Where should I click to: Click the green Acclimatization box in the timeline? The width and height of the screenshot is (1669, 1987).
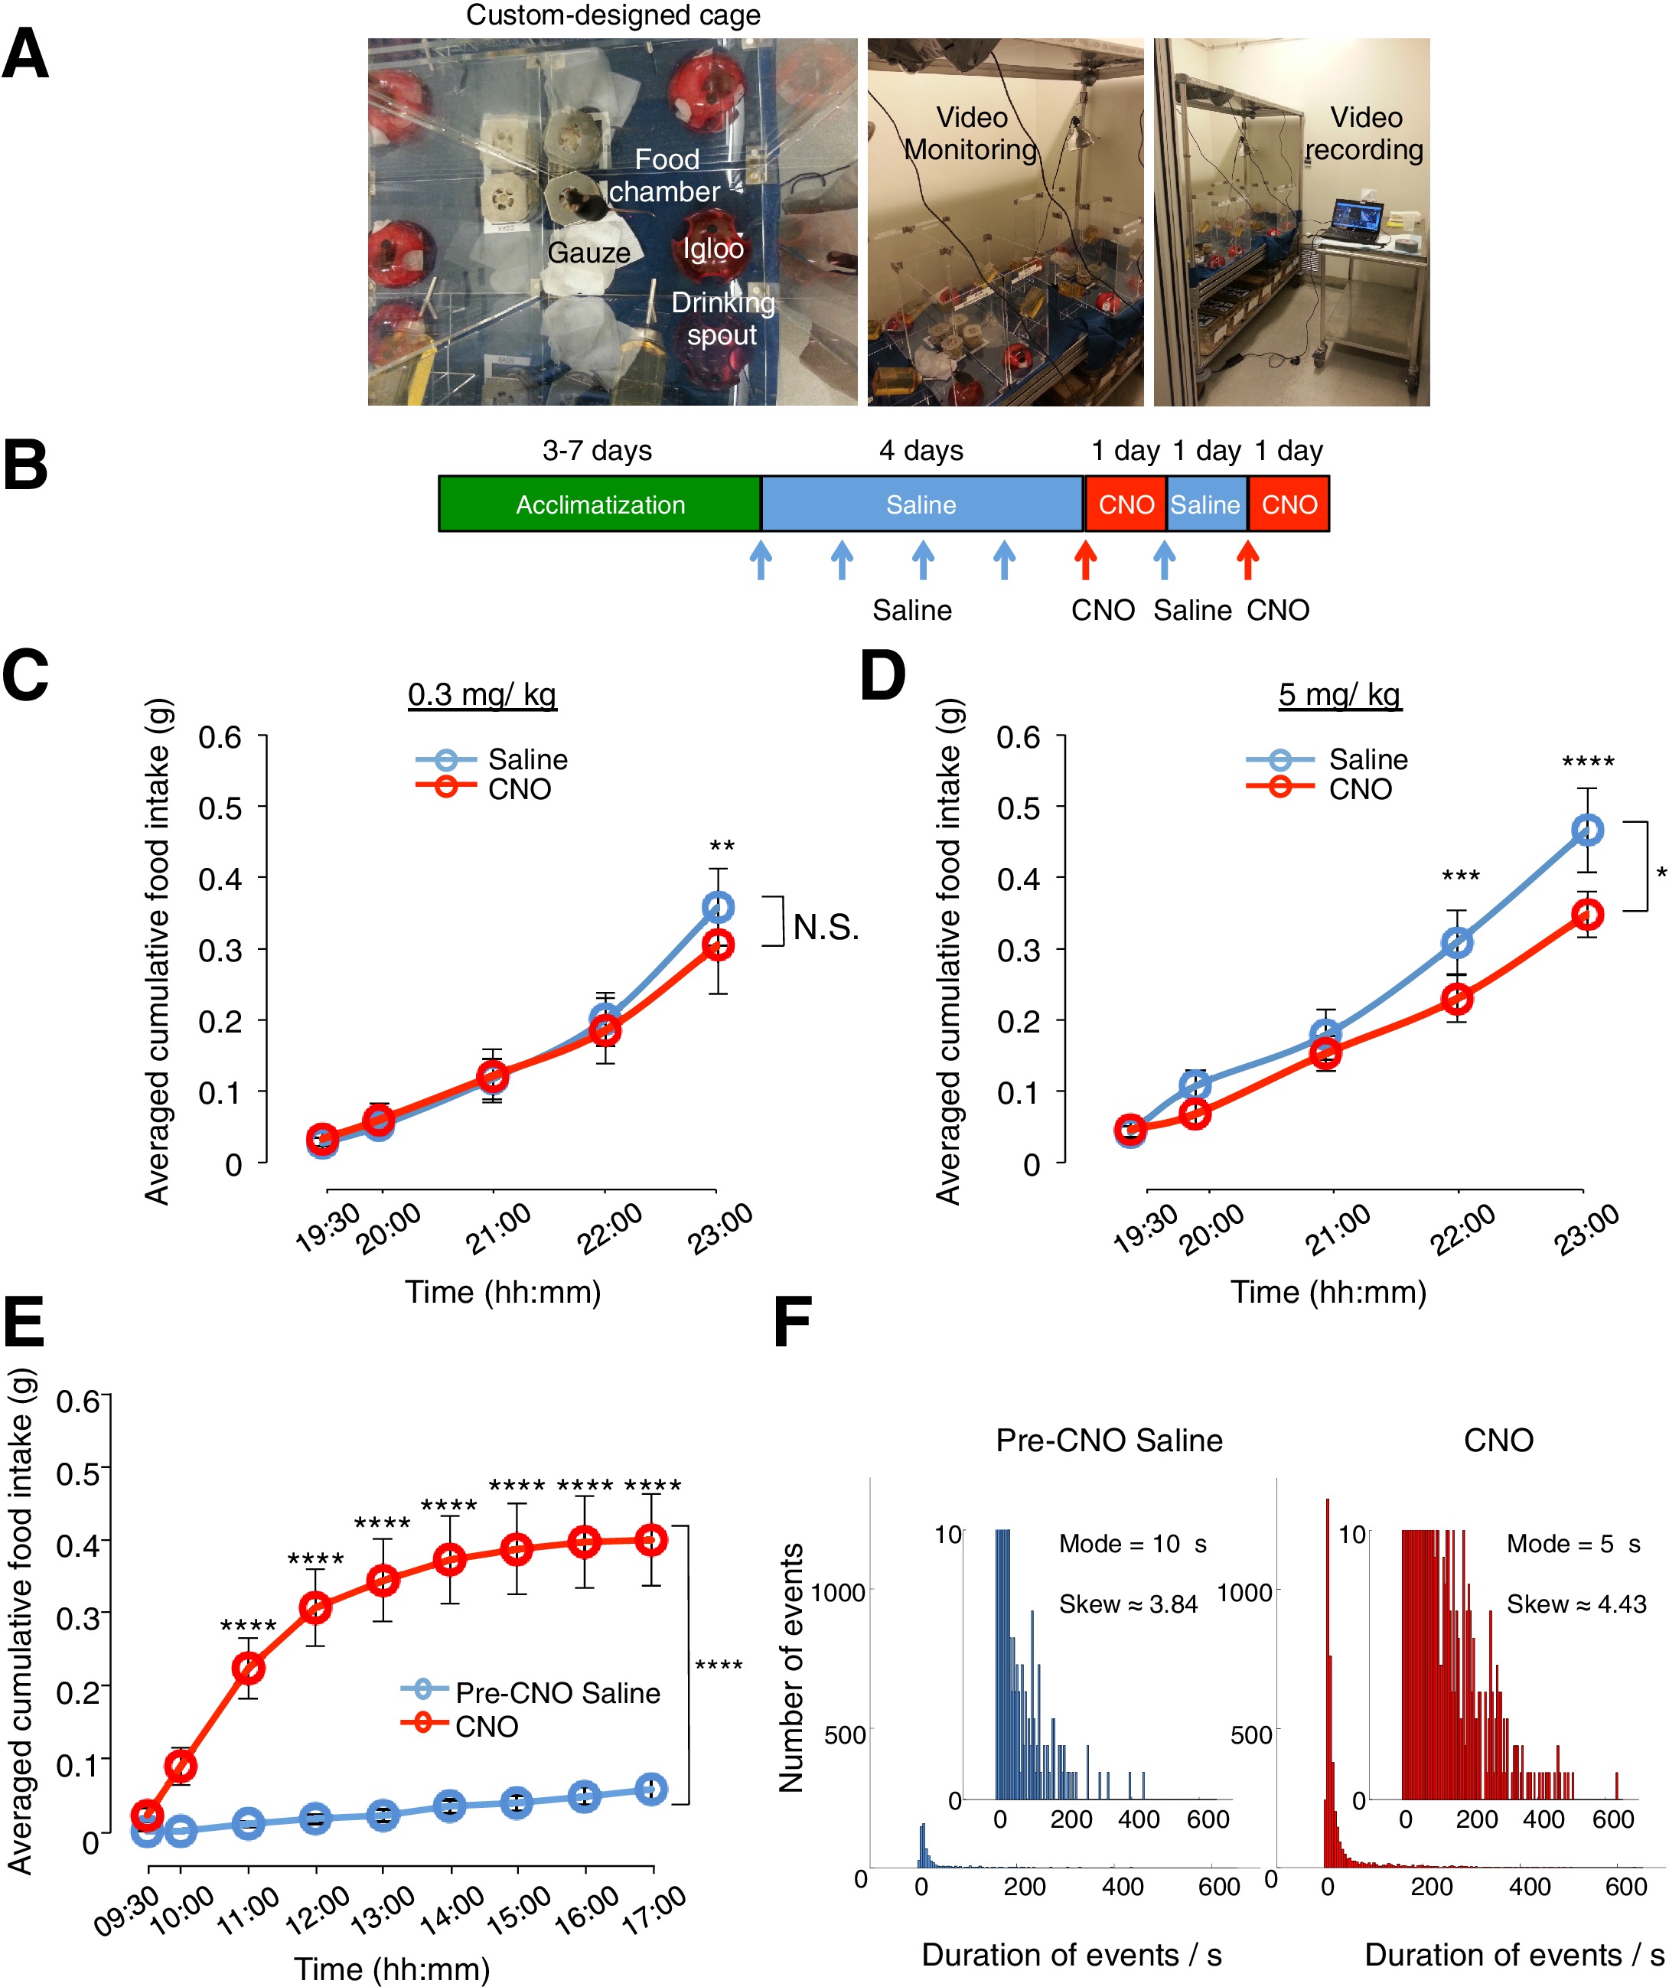pyautogui.click(x=600, y=504)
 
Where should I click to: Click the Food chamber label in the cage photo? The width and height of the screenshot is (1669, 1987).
pyautogui.click(x=665, y=176)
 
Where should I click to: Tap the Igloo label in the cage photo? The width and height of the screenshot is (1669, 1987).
pyautogui.click(x=713, y=249)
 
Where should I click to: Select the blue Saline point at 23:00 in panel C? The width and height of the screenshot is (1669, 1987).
pyautogui.click(x=718, y=908)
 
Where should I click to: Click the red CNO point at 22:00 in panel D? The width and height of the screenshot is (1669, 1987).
pyautogui.click(x=1458, y=999)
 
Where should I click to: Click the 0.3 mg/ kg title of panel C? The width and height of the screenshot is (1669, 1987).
pyautogui.click(x=481, y=694)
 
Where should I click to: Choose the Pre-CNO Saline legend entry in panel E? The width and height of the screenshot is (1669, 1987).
pyautogui.click(x=531, y=1693)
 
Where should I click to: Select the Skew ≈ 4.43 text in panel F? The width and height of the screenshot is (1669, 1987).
pyautogui.click(x=1576, y=1605)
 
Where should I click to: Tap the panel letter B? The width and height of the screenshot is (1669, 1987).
pyautogui.click(x=25, y=465)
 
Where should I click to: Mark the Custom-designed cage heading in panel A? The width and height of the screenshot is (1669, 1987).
pyautogui.click(x=613, y=15)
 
